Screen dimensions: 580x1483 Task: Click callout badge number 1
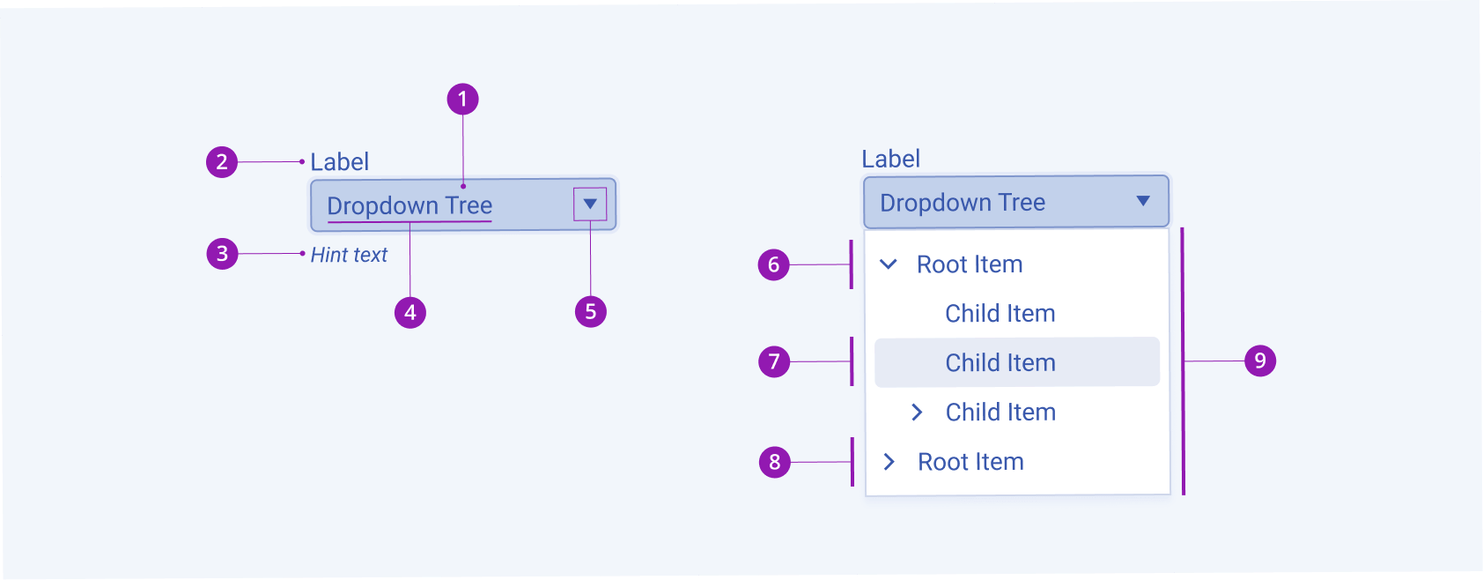pos(462,99)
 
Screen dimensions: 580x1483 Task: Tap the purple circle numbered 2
pos(222,162)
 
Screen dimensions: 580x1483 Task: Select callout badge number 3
pos(222,254)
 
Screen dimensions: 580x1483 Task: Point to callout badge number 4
pos(410,312)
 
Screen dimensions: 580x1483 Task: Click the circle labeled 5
pos(591,311)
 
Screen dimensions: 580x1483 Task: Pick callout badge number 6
pos(774,264)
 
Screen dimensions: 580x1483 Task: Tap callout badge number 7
pos(774,361)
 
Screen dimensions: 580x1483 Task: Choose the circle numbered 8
pos(775,462)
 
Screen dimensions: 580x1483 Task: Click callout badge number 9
pos(1260,361)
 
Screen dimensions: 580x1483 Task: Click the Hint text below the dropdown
pos(349,255)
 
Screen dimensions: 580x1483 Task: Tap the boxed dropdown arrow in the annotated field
pos(590,204)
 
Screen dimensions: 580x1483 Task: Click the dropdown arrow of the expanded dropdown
pos(1143,201)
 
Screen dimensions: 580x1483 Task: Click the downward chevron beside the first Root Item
pos(889,264)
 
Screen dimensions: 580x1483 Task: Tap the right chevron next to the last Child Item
pos(917,412)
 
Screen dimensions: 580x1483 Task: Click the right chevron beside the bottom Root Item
pos(889,462)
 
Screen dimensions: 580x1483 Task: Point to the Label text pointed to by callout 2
pos(340,162)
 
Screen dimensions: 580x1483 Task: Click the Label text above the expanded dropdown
pos(890,160)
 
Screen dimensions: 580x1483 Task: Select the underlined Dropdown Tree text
pos(409,206)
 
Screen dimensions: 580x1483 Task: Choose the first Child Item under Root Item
pos(1000,314)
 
